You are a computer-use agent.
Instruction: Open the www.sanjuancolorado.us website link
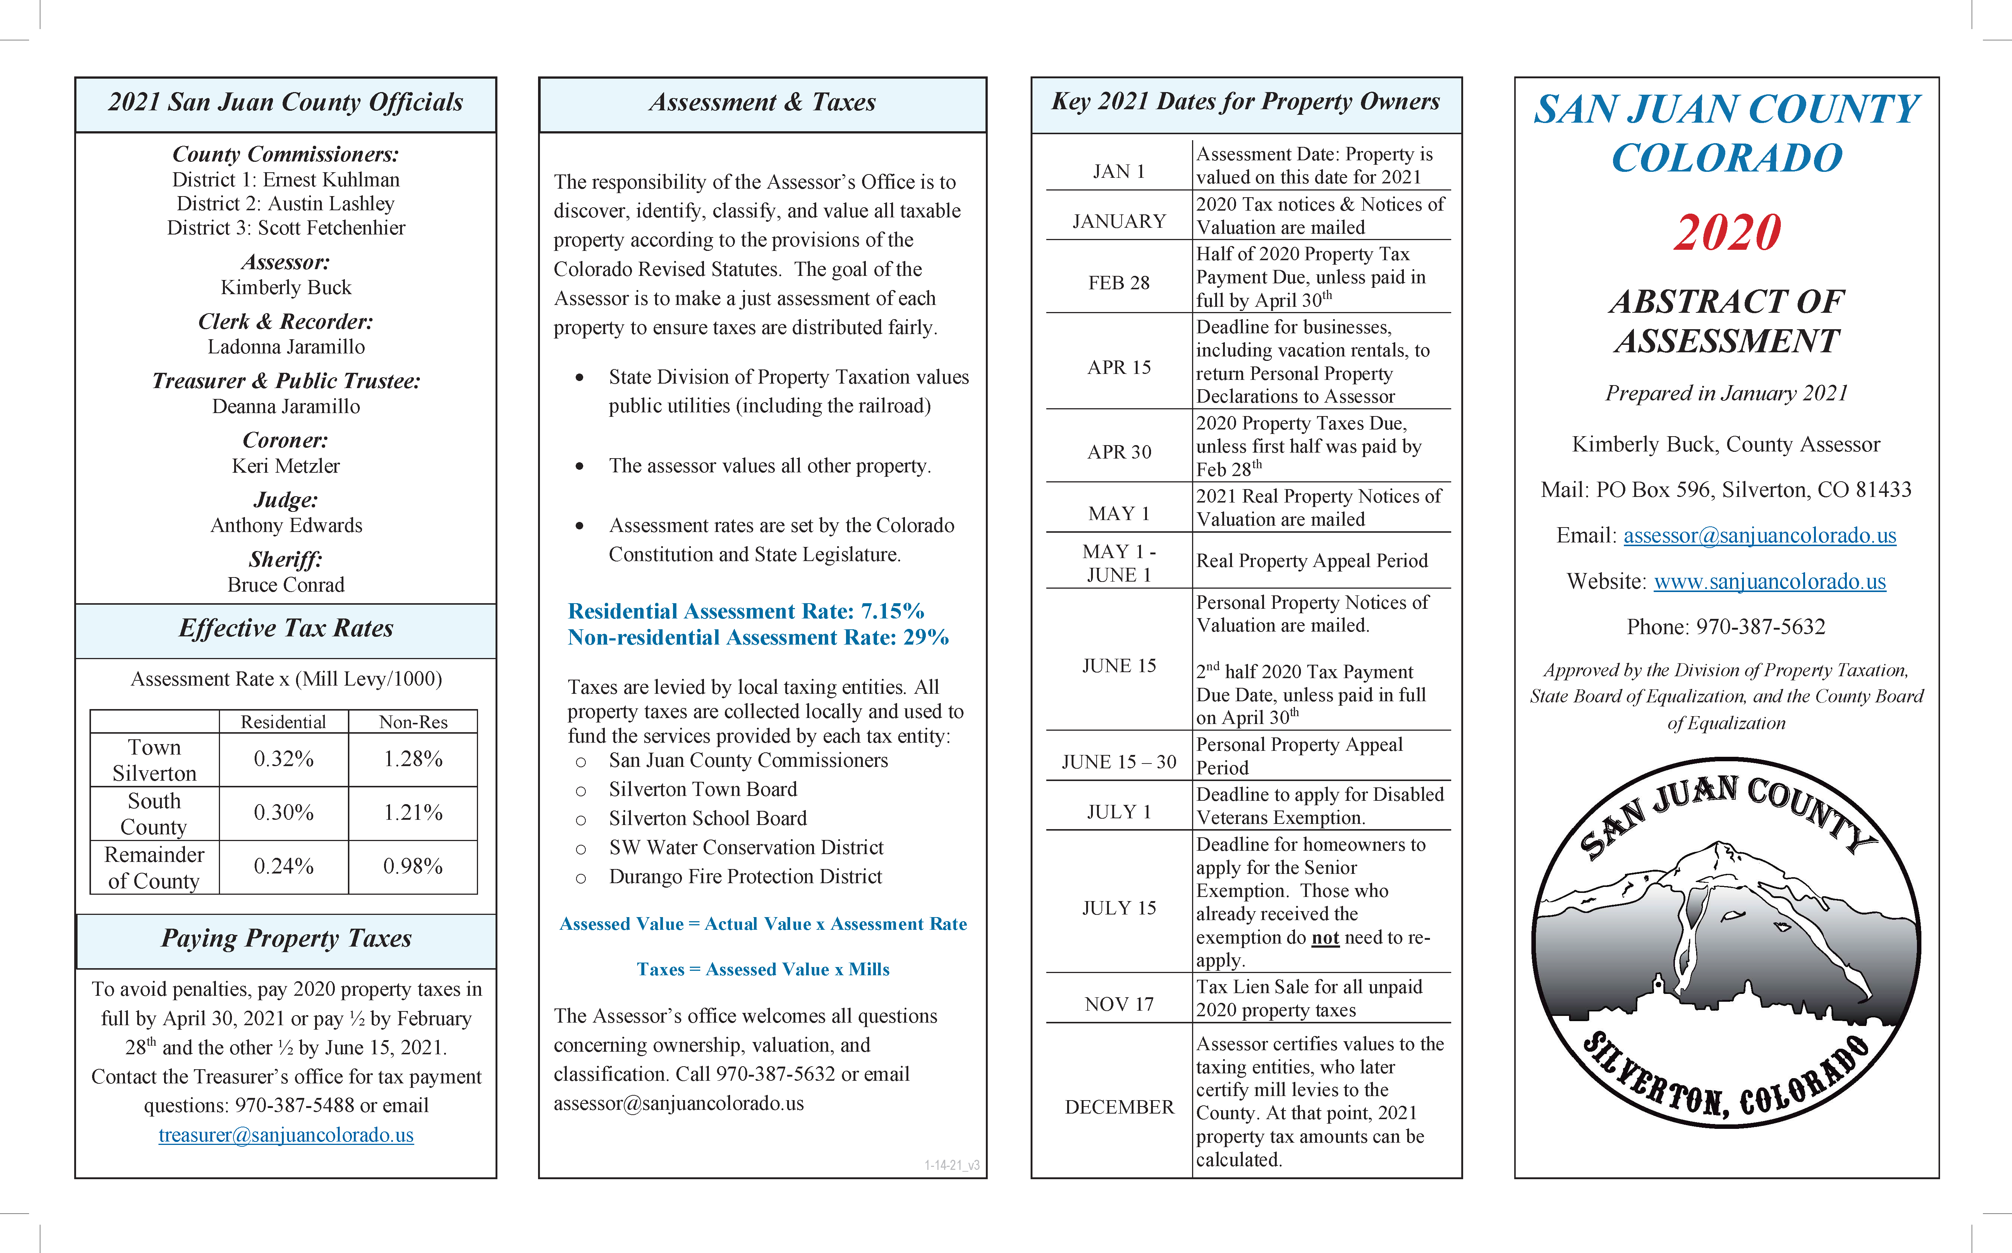[1769, 582]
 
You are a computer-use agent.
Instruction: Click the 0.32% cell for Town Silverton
[283, 759]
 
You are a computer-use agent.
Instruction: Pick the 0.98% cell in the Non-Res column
[413, 867]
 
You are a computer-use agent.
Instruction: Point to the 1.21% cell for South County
[413, 813]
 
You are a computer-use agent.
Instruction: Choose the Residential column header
[283, 722]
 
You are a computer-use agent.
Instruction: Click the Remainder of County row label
[154, 868]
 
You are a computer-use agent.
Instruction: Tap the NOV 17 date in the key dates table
[1119, 1004]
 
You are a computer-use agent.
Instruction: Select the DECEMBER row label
[1119, 1107]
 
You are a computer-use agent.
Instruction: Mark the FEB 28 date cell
[1119, 283]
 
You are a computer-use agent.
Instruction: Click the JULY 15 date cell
[1119, 908]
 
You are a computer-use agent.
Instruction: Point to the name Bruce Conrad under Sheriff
[286, 585]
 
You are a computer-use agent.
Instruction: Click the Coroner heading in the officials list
[286, 440]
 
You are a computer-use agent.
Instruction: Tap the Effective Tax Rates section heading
[286, 628]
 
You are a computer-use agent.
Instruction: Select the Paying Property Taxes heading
[286, 938]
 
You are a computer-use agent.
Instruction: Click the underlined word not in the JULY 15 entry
[1325, 938]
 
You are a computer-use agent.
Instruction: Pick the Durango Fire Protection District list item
[745, 877]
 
